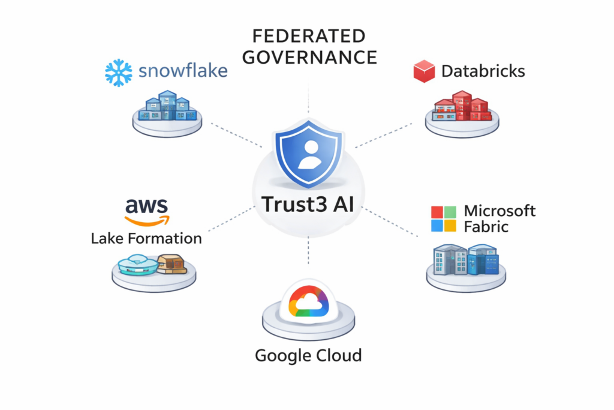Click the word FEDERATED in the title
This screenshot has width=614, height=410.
pos(308,36)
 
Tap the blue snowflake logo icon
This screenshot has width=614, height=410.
pos(118,72)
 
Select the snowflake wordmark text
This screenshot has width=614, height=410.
pos(183,71)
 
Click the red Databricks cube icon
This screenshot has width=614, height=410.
pos(424,71)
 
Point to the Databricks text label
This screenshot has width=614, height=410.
pos(483,71)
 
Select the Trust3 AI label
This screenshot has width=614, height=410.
pos(308,203)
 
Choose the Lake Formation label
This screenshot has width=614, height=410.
pos(146,238)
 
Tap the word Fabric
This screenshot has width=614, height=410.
pos(486,227)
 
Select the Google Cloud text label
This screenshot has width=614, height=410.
pos(308,355)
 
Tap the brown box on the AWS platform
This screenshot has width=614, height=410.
pos(171,264)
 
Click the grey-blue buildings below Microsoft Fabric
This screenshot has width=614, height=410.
pos(466,259)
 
